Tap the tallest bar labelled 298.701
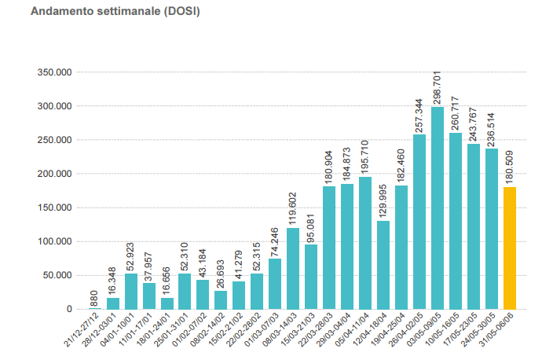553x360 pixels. click(438, 208)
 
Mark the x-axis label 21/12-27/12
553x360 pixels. click(83, 328)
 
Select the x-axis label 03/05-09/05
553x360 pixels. click(426, 329)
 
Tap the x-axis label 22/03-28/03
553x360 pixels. click(317, 329)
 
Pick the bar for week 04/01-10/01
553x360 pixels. click(131, 291)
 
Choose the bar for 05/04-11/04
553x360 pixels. click(365, 243)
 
